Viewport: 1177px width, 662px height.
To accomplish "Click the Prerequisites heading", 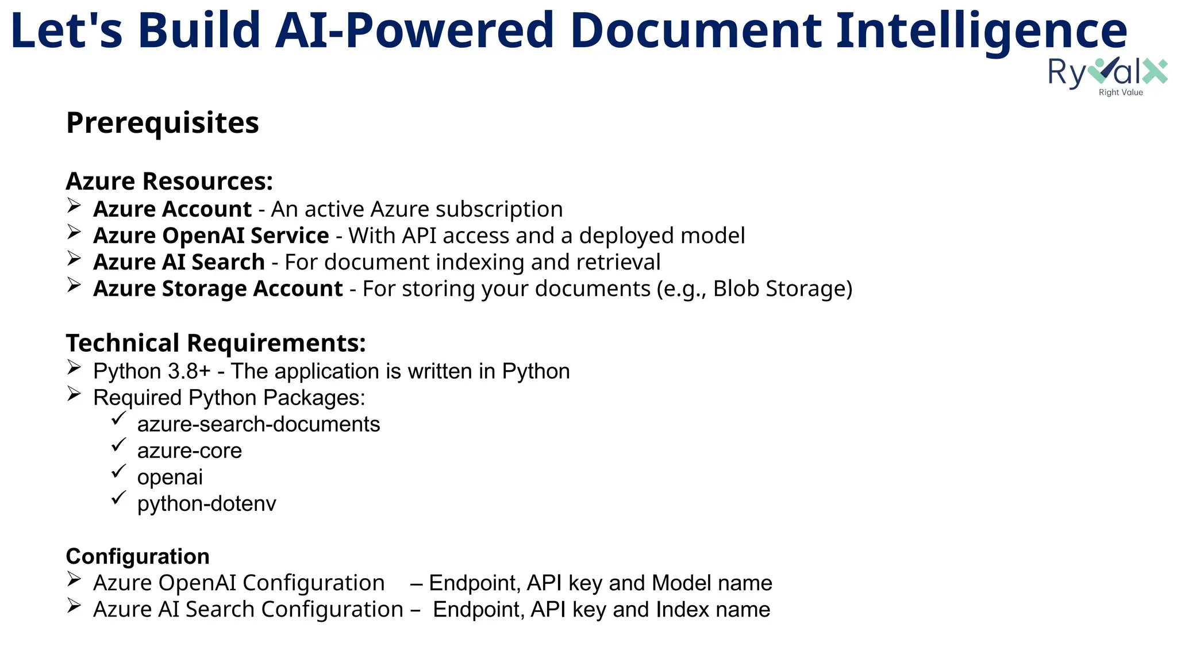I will point(163,123).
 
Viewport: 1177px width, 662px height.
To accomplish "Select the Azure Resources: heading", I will point(169,182).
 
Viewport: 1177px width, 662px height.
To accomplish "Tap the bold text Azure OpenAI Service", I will point(211,236).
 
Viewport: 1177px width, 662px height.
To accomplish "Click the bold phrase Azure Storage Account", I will point(218,288).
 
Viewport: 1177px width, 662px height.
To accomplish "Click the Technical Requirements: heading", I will point(216,343).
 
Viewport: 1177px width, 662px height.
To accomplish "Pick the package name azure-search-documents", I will point(259,424).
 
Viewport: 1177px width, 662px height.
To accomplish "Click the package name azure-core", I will point(190,451).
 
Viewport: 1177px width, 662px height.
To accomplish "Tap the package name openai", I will point(170,477).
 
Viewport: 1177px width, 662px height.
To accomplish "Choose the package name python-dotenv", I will point(207,503).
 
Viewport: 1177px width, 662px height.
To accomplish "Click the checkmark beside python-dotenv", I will point(118,498).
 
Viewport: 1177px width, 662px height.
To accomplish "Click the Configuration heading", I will point(137,556).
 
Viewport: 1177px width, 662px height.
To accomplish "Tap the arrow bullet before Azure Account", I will point(74,205).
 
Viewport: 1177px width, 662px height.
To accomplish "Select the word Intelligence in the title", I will point(981,31).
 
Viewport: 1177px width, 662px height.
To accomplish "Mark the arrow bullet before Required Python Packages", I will point(74,394).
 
